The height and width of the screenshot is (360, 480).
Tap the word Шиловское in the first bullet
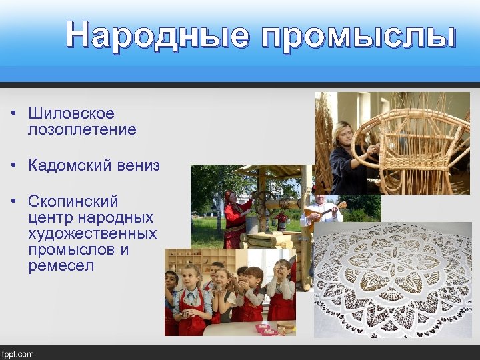coord(71,114)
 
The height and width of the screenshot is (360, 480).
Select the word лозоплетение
coord(82,129)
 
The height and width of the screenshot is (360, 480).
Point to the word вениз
coord(141,165)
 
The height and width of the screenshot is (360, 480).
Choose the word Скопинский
coord(73,201)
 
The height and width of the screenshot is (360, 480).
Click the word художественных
coord(92,234)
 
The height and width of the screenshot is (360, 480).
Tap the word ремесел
coord(61,266)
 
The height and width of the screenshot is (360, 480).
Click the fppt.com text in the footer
coord(18,354)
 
